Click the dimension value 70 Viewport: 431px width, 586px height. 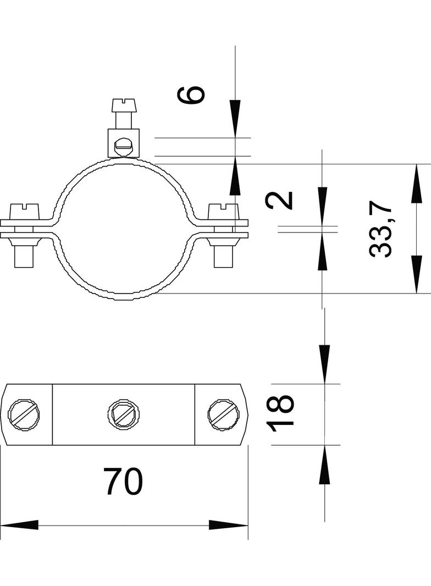(123, 481)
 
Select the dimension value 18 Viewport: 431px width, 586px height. (281, 413)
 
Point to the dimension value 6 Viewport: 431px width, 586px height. (191, 94)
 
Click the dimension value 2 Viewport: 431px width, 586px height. (279, 200)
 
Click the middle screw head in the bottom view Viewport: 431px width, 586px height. (124, 414)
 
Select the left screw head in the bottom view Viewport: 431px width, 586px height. (24, 414)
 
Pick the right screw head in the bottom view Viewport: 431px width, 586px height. (224, 414)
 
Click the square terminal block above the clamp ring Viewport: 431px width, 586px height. (124, 143)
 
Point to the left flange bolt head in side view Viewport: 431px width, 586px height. (25, 212)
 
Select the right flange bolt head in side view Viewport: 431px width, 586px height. (223, 212)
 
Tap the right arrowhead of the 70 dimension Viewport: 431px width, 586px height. (228, 525)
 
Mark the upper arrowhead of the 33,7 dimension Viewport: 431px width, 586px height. (416, 183)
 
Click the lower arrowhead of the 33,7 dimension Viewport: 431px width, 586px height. (416, 274)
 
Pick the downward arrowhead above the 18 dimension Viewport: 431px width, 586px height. (324, 364)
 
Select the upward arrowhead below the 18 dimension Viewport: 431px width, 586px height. (324, 465)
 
